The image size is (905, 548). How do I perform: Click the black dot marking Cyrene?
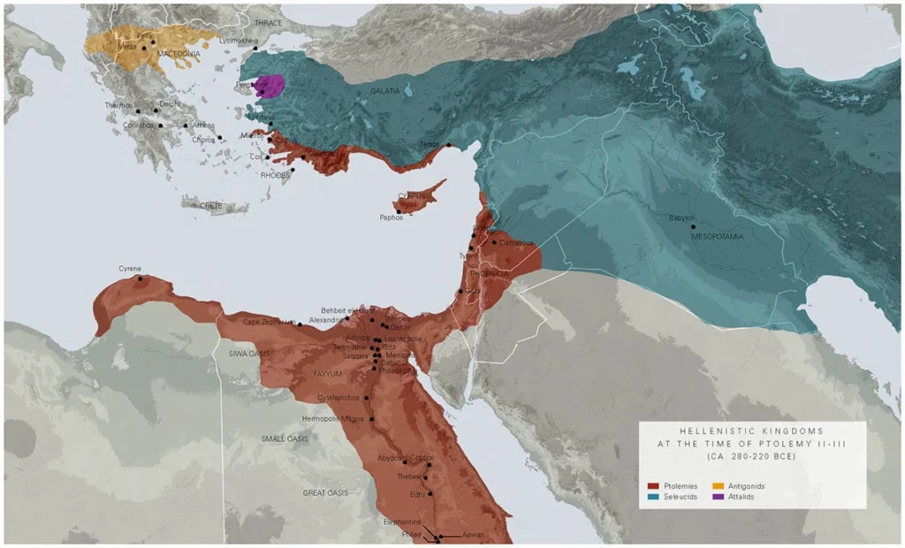[140, 279]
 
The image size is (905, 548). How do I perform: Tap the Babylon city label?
[681, 217]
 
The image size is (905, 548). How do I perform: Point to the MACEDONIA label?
[179, 53]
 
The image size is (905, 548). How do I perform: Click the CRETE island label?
[211, 205]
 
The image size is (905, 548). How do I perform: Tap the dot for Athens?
[185, 126]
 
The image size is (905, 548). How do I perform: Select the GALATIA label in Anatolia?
[385, 90]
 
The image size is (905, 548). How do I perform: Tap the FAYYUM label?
[327, 374]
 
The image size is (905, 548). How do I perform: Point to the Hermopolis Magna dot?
[372, 419]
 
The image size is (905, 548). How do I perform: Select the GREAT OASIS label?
[325, 492]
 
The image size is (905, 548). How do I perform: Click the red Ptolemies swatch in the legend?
[653, 486]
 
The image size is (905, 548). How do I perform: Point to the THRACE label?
[268, 22]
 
